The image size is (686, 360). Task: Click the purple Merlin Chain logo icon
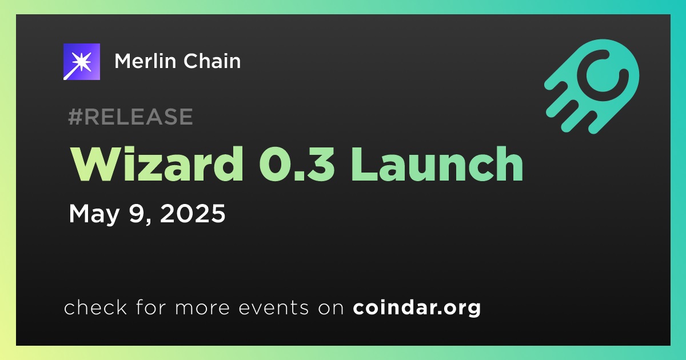point(81,62)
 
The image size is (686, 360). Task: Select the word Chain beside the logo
point(212,61)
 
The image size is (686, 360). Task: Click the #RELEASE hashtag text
point(130,117)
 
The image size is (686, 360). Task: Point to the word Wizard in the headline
point(157,164)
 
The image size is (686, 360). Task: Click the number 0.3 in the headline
point(297,164)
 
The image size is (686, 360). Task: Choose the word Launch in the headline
point(437,164)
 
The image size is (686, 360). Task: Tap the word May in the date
point(94,214)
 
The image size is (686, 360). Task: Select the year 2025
point(193,213)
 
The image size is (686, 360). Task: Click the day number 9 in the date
point(136,213)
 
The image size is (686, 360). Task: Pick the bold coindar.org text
point(417,307)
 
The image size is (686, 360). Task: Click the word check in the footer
point(95,307)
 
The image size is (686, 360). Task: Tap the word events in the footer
point(274,307)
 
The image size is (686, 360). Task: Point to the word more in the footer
point(202,308)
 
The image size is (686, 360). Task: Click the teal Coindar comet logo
point(592,86)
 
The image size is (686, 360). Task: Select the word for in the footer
point(151,307)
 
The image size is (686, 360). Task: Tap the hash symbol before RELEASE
point(75,117)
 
